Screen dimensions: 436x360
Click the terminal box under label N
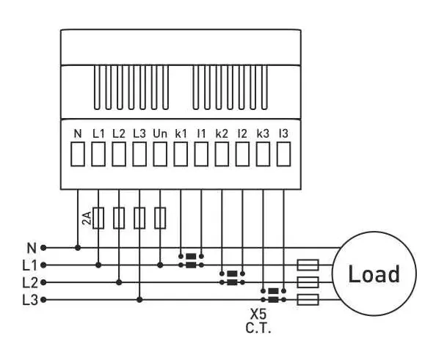tap(78, 154)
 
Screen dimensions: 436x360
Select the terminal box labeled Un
tap(160, 154)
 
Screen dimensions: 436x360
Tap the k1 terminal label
tap(181, 134)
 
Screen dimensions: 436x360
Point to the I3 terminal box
tap(283, 154)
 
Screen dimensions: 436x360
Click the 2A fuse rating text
tap(87, 218)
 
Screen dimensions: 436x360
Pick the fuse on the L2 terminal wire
tap(119, 218)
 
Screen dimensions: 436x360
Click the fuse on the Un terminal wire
tap(160, 218)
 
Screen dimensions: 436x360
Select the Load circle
tap(374, 274)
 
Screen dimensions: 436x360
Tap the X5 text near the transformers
tap(258, 315)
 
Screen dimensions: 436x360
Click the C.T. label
tap(258, 328)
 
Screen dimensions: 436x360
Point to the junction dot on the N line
tap(78, 248)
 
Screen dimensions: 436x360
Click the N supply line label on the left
tap(32, 248)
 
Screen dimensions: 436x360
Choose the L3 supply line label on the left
tap(30, 301)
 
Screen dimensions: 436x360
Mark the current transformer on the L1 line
tap(191, 260)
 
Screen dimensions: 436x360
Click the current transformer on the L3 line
tap(273, 295)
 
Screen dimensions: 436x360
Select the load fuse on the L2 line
tap(308, 282)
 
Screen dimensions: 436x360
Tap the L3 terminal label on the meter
tap(139, 134)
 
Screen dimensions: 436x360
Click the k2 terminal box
tap(222, 154)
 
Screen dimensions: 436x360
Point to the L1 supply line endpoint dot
tap(43, 265)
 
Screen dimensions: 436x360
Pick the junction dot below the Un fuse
tap(160, 265)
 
